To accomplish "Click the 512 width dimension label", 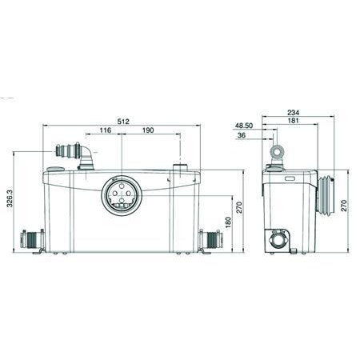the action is [x=123, y=122].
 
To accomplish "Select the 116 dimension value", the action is [x=106, y=130].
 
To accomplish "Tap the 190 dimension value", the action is [x=148, y=130].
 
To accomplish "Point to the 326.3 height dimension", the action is [x=10, y=199].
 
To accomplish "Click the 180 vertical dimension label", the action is [x=228, y=222].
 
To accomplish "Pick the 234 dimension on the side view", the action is [x=294, y=113].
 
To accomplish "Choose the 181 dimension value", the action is [x=294, y=121].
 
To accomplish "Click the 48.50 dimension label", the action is [x=244, y=126].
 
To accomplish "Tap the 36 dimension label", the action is [x=242, y=135].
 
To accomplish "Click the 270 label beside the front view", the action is [x=239, y=207].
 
